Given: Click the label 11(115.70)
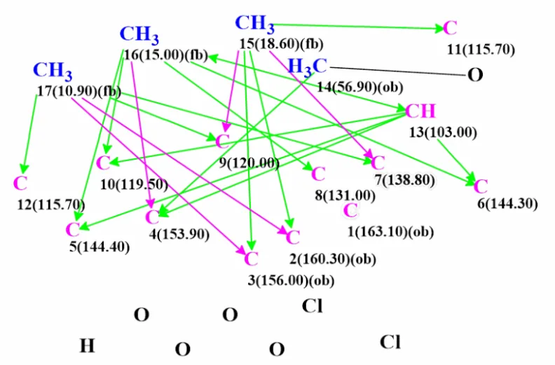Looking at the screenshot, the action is [x=481, y=49].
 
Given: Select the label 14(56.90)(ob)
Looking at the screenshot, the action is [x=359, y=87].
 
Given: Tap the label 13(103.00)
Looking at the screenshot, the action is [x=443, y=132].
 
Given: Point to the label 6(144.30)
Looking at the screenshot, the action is [x=507, y=204].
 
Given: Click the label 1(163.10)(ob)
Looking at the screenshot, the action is [x=390, y=232].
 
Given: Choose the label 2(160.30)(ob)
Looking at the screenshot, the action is [x=333, y=259].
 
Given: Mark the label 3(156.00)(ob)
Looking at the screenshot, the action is [x=291, y=280].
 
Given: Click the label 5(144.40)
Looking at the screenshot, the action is [x=100, y=247].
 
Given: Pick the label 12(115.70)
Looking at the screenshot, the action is [x=51, y=205].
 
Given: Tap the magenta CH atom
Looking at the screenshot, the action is [x=420, y=111].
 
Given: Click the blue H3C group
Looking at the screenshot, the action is [x=307, y=66].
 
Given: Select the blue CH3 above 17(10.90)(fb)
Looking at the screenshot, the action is [x=53, y=71].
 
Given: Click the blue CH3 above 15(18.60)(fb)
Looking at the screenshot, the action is [x=254, y=23].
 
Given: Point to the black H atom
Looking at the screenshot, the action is [x=87, y=346].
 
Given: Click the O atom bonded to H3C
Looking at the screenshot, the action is [x=475, y=75].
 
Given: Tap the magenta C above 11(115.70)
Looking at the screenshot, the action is [x=450, y=28].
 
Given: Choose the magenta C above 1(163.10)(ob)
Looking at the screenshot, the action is [x=350, y=210].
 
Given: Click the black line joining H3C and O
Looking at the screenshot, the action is [x=397, y=71].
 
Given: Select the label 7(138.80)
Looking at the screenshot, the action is [x=405, y=180].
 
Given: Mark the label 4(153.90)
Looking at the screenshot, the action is [x=179, y=235].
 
